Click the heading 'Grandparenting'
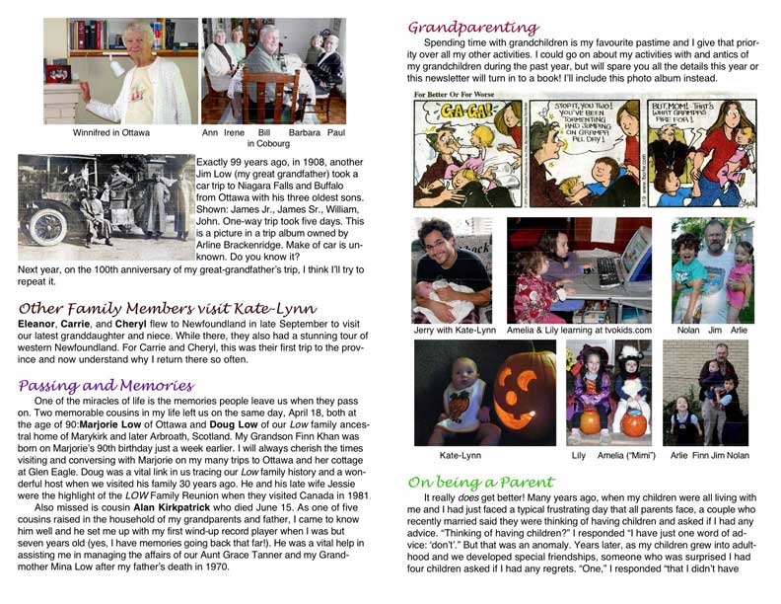[x=473, y=27]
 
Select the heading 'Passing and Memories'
[x=106, y=385]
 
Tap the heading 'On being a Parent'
[x=481, y=482]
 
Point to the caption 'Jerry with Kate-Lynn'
[x=455, y=330]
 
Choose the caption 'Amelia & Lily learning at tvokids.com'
[x=579, y=330]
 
